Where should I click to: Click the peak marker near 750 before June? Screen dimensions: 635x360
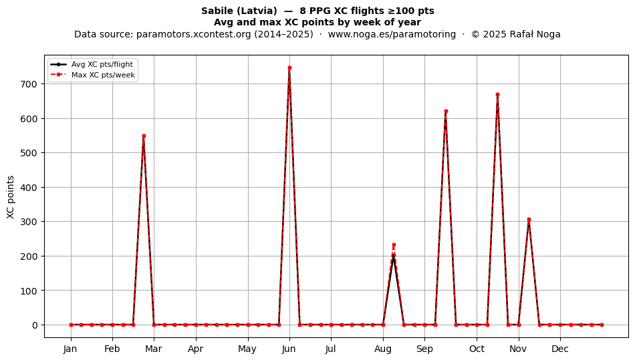click(289, 68)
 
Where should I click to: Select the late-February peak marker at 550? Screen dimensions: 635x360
click(144, 136)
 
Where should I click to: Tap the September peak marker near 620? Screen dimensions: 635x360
click(446, 112)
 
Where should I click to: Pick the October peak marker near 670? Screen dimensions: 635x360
click(498, 95)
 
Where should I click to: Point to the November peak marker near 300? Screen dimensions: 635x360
click(529, 220)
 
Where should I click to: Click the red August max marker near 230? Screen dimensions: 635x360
click(394, 245)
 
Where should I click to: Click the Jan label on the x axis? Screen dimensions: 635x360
click(70, 349)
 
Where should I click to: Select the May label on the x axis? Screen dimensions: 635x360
click(247, 349)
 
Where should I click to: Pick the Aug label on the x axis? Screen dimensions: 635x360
click(383, 349)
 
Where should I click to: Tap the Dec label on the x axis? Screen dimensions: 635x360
click(560, 349)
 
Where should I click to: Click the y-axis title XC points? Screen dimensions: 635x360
click(11, 197)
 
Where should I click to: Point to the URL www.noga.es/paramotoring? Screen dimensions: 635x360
click(392, 34)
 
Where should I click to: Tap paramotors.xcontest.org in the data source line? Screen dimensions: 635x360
click(194, 34)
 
